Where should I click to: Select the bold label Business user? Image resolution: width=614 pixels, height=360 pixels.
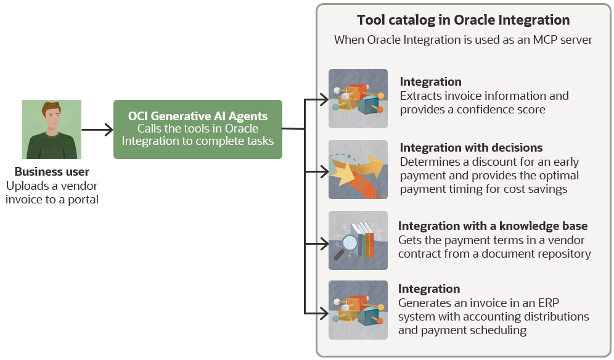[x=52, y=172]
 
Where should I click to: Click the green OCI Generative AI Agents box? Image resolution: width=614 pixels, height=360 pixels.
[x=198, y=129]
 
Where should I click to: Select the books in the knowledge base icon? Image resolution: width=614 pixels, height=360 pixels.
[x=364, y=239]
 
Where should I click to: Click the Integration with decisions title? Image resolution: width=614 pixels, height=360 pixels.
[x=471, y=148]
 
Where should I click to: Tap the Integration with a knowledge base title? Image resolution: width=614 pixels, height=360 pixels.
[x=493, y=226]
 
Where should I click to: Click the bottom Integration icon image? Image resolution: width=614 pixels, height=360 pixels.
[x=358, y=310]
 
